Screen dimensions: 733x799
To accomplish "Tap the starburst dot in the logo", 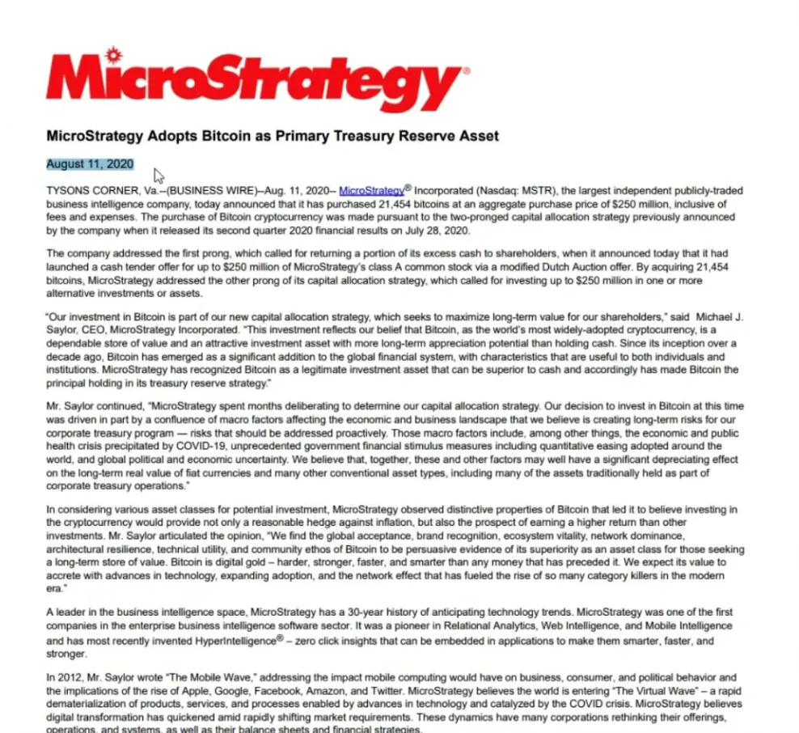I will (113, 54).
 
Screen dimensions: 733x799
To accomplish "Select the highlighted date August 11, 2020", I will (89, 164).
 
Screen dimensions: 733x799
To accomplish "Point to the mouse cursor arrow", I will (159, 176).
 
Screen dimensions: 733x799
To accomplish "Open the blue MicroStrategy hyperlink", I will (371, 191).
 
